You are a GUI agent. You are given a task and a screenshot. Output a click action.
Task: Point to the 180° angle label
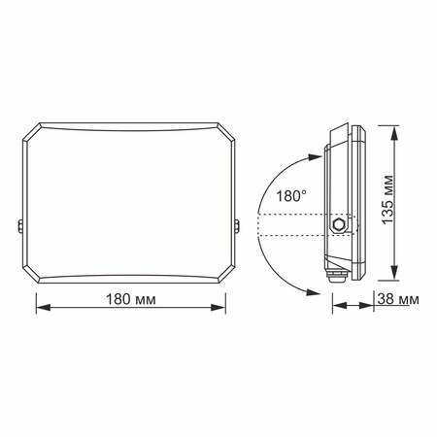[291, 196]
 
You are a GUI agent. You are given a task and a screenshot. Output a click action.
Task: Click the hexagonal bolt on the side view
[339, 223]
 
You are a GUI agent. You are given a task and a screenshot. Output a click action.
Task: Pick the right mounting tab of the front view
[239, 227]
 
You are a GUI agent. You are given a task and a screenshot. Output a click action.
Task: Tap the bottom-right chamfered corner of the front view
[229, 274]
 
